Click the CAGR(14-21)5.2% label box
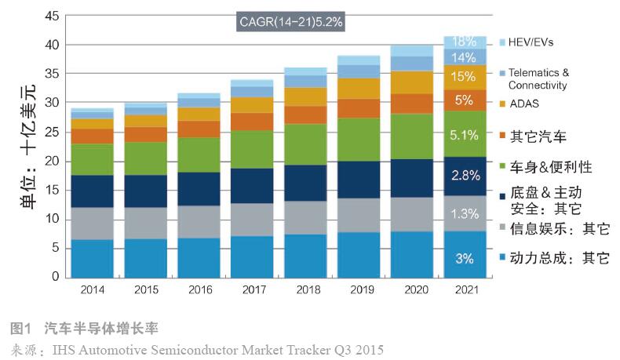290,20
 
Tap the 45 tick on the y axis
51,16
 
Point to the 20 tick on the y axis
51,161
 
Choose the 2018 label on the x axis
306,289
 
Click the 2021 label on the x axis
466,289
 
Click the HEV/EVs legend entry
535,41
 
